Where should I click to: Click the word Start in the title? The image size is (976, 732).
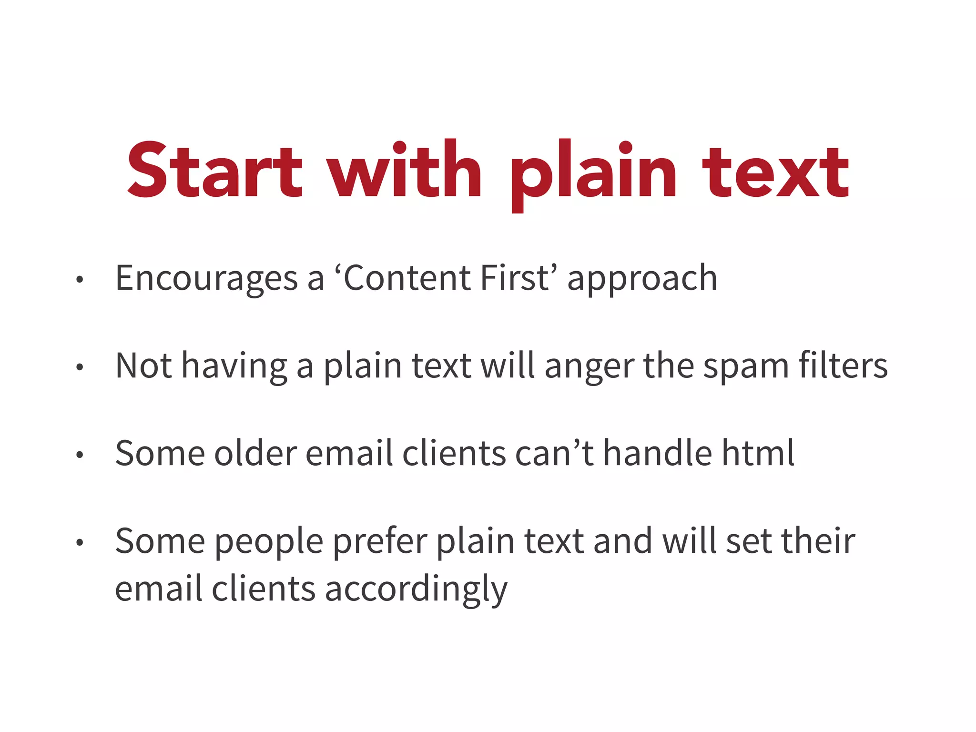coord(214,171)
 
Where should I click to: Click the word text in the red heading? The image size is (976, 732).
coord(776,173)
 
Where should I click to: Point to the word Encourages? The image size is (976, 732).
coord(206,278)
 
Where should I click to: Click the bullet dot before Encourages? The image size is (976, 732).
coord(80,280)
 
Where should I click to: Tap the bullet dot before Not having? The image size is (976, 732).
coord(80,367)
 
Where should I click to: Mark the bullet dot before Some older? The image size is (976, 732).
coord(80,455)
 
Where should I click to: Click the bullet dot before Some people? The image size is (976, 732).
coord(80,543)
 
